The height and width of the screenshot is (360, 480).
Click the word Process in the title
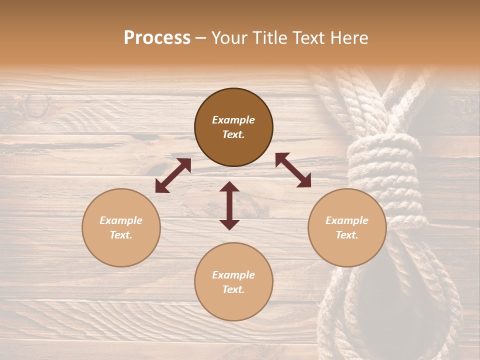[157, 37]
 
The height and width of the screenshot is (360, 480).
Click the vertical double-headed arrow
[229, 205]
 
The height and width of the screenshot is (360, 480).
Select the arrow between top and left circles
[173, 175]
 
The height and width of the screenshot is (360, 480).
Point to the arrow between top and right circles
[293, 170]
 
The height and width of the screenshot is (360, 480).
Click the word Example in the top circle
[233, 120]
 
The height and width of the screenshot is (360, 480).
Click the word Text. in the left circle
[121, 235]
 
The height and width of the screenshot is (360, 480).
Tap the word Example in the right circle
[347, 220]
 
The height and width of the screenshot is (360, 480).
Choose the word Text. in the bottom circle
[233, 289]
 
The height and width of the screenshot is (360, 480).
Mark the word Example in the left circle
[121, 220]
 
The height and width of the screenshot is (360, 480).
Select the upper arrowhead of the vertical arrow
[229, 187]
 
